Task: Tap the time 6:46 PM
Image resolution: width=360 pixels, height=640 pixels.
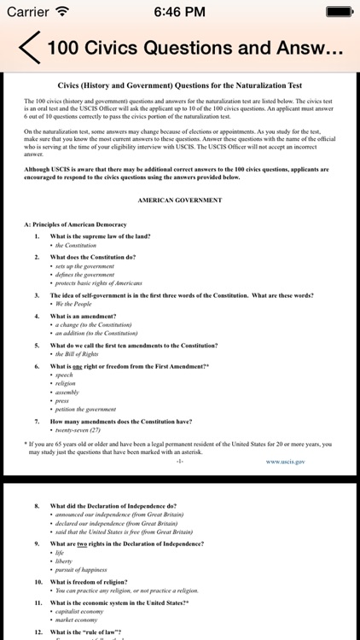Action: (179, 12)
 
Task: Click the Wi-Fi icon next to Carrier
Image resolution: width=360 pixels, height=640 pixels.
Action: (62, 12)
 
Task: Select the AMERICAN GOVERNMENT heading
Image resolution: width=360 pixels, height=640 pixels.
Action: (179, 200)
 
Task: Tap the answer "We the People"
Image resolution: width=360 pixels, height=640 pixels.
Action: (74, 304)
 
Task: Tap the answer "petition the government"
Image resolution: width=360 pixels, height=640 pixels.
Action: (86, 409)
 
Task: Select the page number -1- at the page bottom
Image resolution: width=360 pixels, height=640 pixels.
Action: (179, 460)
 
